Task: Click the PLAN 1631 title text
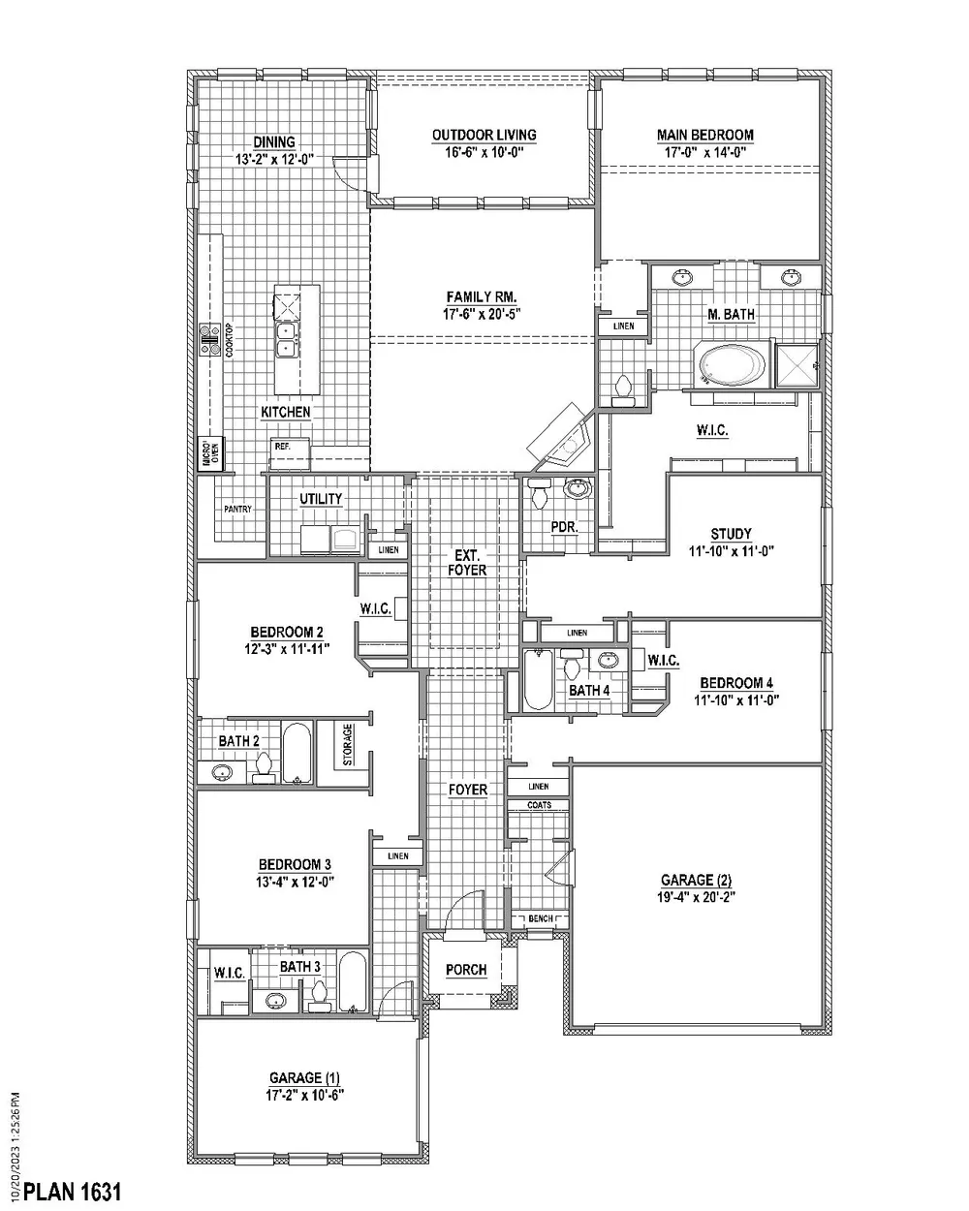click(x=72, y=1191)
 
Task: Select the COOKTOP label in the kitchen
click(x=229, y=340)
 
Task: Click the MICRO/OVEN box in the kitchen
click(x=210, y=453)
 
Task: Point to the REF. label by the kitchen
click(x=283, y=447)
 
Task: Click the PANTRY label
click(x=237, y=509)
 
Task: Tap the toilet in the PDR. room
click(x=540, y=493)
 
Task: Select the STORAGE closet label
click(x=348, y=744)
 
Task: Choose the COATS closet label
click(x=539, y=805)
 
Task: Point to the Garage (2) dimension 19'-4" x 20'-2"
click(x=696, y=896)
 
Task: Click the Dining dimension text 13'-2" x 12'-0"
click(x=274, y=159)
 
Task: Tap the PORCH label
click(x=466, y=970)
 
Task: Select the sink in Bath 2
click(x=222, y=772)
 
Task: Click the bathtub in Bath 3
click(x=353, y=982)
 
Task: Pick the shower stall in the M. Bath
click(x=797, y=366)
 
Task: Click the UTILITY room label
click(x=321, y=499)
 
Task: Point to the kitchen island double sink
click(x=287, y=340)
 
